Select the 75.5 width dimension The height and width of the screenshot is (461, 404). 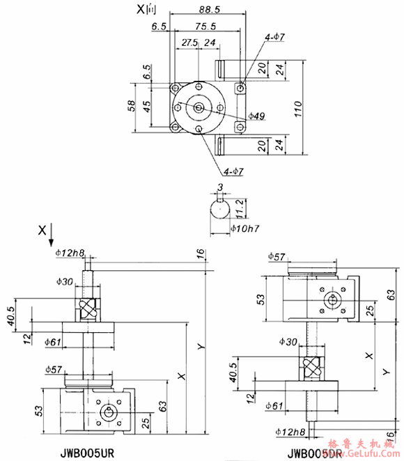coord(205,27)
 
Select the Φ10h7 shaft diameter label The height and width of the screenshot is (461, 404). coord(243,227)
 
